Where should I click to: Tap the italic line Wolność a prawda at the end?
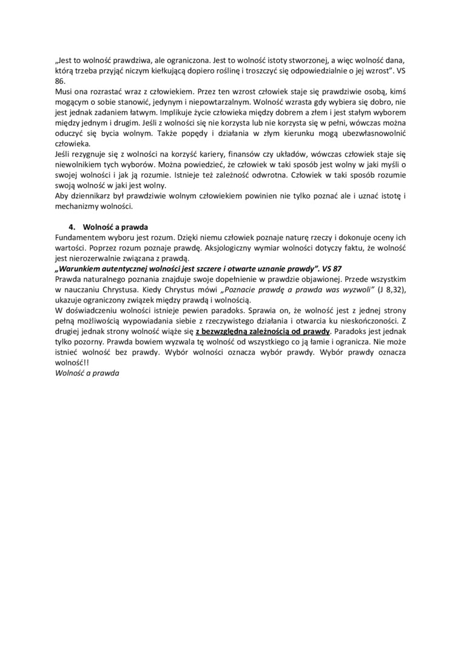coord(87,374)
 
